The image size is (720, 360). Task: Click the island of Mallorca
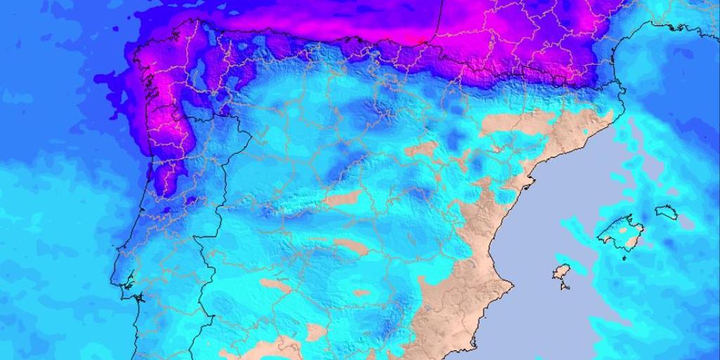(620, 232)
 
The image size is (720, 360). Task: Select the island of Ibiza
(560, 273)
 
